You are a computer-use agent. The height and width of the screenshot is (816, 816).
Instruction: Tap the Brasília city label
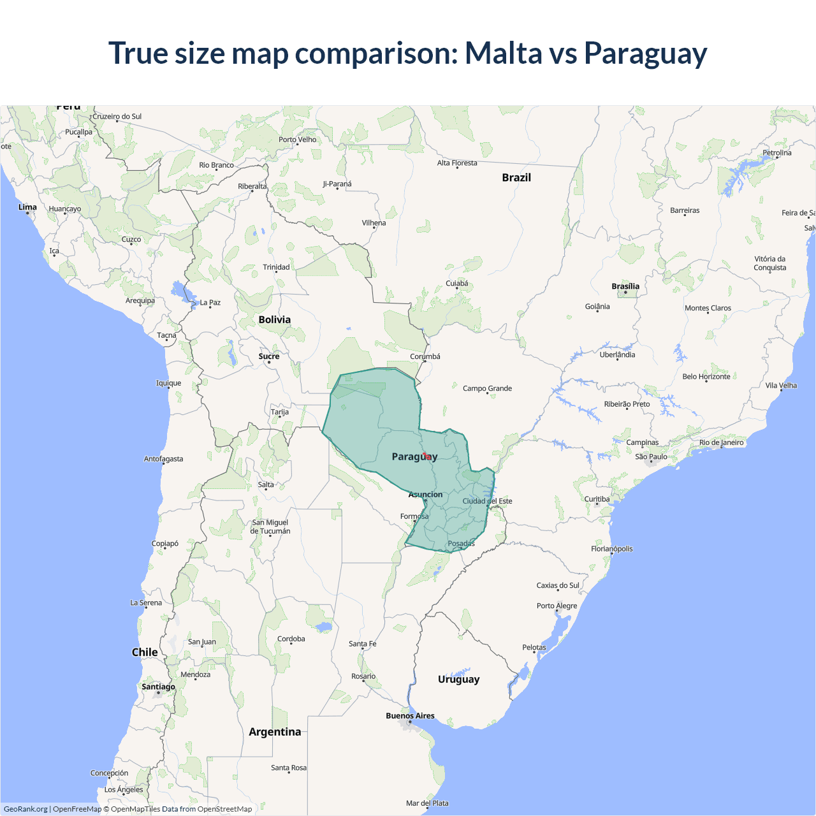click(x=625, y=286)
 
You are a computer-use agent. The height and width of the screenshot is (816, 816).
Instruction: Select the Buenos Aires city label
click(x=410, y=716)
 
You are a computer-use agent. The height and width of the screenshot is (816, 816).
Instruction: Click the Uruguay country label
click(x=458, y=679)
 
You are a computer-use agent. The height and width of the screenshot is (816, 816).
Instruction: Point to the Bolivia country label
click(x=275, y=319)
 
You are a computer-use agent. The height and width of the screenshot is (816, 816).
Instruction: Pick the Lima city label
click(x=27, y=207)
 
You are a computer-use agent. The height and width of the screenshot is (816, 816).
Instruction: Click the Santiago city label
click(x=158, y=687)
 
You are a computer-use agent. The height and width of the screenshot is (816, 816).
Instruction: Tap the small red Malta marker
click(x=426, y=456)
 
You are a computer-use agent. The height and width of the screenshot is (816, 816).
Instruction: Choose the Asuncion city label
click(x=425, y=494)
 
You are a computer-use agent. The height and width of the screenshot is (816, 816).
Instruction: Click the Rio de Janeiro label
click(x=721, y=442)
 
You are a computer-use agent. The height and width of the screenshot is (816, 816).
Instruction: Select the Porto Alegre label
click(x=557, y=606)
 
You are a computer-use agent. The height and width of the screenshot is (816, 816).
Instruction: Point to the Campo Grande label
click(x=487, y=388)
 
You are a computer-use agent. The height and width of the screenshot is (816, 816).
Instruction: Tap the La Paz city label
click(x=210, y=302)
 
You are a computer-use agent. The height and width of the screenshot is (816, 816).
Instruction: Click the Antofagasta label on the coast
click(x=163, y=459)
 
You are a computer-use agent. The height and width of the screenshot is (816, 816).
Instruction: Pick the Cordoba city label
click(x=291, y=639)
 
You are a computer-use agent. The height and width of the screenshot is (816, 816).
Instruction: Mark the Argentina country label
click(x=275, y=732)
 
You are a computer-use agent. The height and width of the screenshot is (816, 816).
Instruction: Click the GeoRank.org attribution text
click(x=25, y=809)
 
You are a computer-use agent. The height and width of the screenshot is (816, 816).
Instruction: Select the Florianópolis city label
click(x=612, y=549)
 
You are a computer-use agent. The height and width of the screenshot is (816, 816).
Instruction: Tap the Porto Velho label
click(x=297, y=140)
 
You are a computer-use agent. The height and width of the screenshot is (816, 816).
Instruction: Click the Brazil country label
click(x=516, y=177)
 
